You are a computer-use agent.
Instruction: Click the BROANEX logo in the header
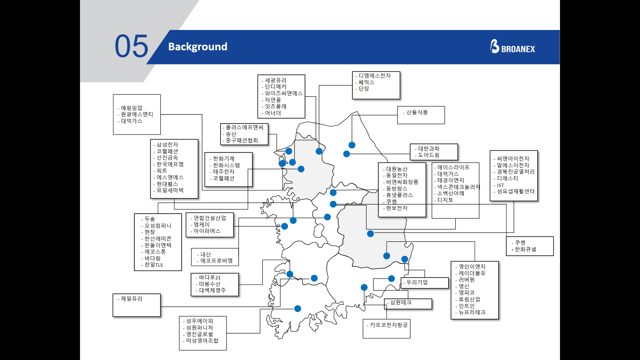tap(512, 47)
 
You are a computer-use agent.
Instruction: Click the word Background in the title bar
tap(198, 47)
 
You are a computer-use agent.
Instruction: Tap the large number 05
tap(131, 46)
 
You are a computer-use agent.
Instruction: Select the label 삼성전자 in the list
tap(167, 145)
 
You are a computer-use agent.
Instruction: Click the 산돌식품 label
tap(417, 112)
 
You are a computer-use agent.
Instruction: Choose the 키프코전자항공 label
tap(389, 325)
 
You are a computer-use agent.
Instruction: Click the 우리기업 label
tap(417, 282)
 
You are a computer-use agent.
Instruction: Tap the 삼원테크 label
tap(401, 302)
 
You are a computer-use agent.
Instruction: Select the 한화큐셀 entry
tap(525, 249)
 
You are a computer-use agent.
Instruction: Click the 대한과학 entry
tap(429, 149)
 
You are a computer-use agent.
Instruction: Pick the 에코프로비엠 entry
tap(216, 261)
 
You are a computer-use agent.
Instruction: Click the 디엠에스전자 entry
tap(374, 76)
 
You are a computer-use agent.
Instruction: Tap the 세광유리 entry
tap(275, 80)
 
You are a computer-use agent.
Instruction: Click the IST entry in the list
tap(500, 185)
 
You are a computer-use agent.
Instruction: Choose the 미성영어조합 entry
tap(202, 340)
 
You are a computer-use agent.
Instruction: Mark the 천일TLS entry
tap(153, 265)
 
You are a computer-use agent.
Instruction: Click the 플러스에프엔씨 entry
tap(244, 127)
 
